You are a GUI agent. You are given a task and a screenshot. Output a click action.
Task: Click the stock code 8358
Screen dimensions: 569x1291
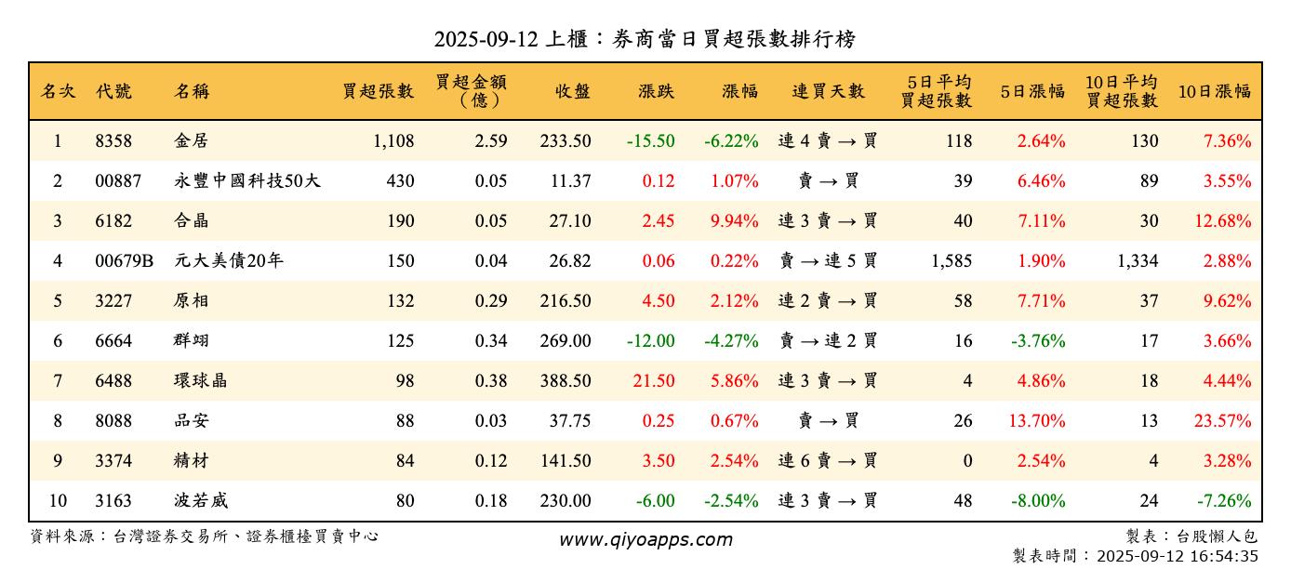pyautogui.click(x=113, y=141)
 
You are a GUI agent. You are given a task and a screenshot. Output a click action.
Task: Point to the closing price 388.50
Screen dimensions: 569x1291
pyautogui.click(x=565, y=380)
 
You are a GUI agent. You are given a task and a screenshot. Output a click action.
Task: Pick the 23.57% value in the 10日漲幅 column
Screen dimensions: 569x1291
pyautogui.click(x=1222, y=420)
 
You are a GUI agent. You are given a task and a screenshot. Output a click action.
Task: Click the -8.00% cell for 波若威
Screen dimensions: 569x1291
pyautogui.click(x=1038, y=500)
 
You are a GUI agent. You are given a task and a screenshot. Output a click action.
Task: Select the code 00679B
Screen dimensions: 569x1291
pyautogui.click(x=124, y=261)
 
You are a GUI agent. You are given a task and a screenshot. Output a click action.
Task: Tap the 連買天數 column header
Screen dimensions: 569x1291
pyautogui.click(x=828, y=91)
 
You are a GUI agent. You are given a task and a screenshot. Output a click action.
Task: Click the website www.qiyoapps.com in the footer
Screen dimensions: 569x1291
pyautogui.click(x=645, y=539)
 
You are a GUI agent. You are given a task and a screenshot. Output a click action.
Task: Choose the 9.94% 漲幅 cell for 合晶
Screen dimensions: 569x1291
pyautogui.click(x=734, y=221)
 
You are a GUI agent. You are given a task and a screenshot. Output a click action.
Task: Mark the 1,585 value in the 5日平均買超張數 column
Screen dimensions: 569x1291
pyautogui.click(x=951, y=261)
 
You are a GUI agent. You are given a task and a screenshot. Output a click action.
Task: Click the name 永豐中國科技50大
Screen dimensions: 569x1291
pyautogui.click(x=246, y=181)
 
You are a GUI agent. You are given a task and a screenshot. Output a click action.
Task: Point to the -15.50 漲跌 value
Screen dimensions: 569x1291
pyautogui.click(x=650, y=141)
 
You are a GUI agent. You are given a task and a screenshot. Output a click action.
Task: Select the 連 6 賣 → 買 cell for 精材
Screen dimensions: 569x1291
pyautogui.click(x=828, y=460)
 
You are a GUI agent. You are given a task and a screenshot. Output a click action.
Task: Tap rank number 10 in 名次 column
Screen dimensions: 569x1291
pyautogui.click(x=58, y=500)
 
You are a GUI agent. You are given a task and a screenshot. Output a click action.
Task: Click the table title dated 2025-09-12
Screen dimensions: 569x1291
pyautogui.click(x=645, y=39)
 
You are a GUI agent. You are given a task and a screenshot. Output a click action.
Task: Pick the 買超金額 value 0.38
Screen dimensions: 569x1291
pyautogui.click(x=490, y=380)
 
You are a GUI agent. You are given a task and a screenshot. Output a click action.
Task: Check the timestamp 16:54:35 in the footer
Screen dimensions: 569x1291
pyautogui.click(x=1224, y=556)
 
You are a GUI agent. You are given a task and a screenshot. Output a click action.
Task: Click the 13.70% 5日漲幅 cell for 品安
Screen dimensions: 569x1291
pyautogui.click(x=1036, y=420)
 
